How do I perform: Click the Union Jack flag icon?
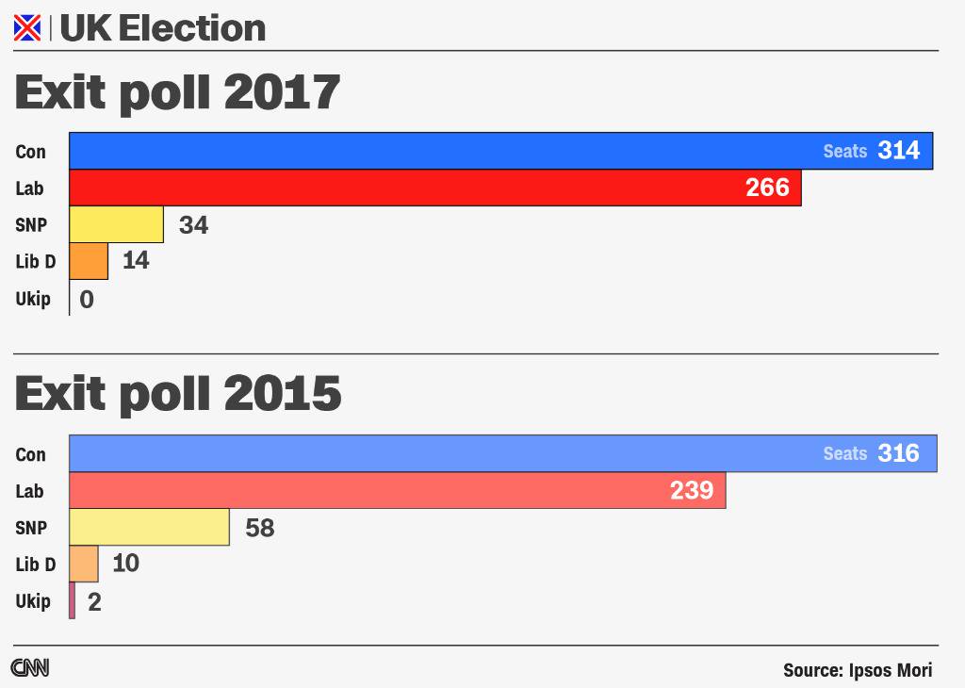tap(27, 29)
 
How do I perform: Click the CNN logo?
tap(30, 668)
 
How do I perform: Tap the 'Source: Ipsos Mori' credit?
tap(857, 670)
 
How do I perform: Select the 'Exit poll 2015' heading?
tap(177, 393)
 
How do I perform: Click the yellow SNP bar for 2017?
tap(117, 224)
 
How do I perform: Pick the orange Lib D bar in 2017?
tap(90, 261)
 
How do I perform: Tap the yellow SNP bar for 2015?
tap(150, 527)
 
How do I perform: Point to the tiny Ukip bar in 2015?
tap(73, 600)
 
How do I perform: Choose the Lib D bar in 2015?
tap(84, 564)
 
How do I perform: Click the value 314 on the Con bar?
tap(898, 151)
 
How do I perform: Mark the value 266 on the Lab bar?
tap(767, 188)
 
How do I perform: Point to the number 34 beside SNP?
tap(193, 225)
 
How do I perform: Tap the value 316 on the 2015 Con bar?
tap(898, 453)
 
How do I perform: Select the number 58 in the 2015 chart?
tap(259, 528)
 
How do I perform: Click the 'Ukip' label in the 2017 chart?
tap(32, 300)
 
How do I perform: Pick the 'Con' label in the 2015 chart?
tap(30, 454)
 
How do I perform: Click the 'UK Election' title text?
tap(162, 28)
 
